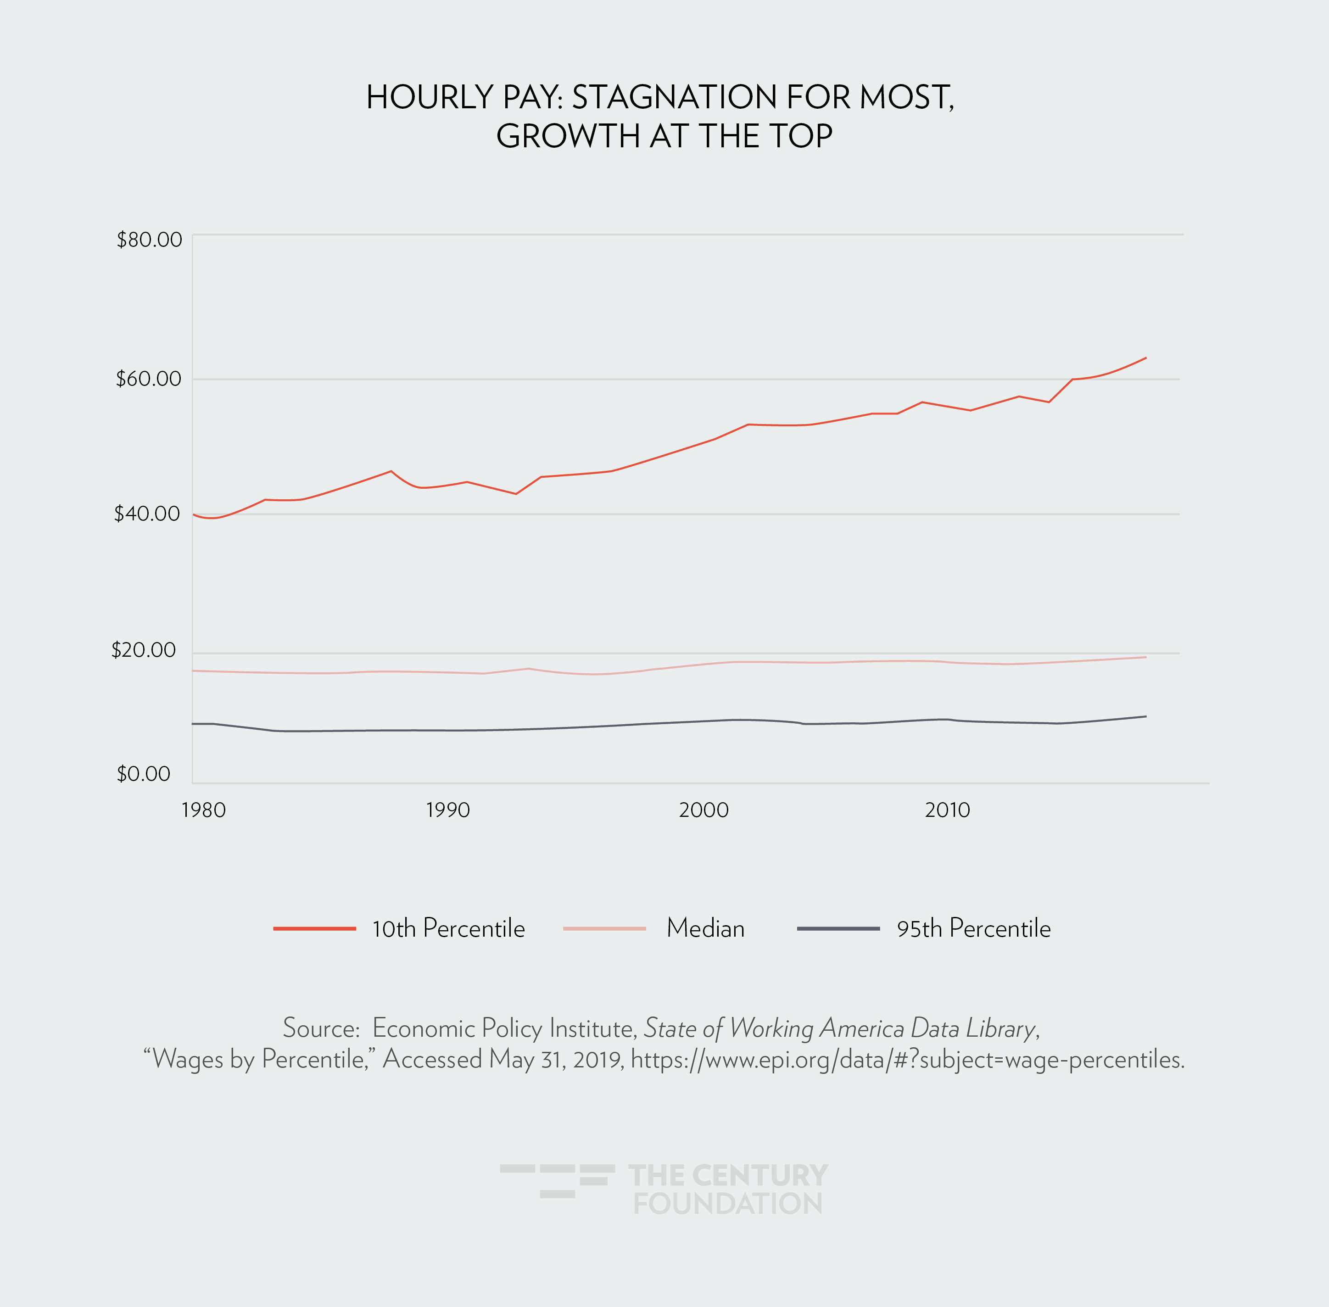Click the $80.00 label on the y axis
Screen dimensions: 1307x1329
[x=149, y=240]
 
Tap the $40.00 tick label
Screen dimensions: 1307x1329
[x=147, y=514]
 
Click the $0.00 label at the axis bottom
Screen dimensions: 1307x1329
[x=144, y=774]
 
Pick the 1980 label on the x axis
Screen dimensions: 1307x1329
[x=204, y=810]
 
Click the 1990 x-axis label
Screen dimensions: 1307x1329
[x=447, y=810]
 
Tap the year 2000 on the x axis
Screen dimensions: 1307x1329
[x=704, y=810]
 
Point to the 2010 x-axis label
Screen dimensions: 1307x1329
[x=947, y=810]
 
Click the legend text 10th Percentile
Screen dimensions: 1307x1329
[x=448, y=929]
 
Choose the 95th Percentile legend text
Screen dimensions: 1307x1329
[x=973, y=929]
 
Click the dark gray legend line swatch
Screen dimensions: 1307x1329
[x=838, y=929]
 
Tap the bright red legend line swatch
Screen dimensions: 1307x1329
[x=314, y=929]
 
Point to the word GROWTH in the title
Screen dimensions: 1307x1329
[x=568, y=136]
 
